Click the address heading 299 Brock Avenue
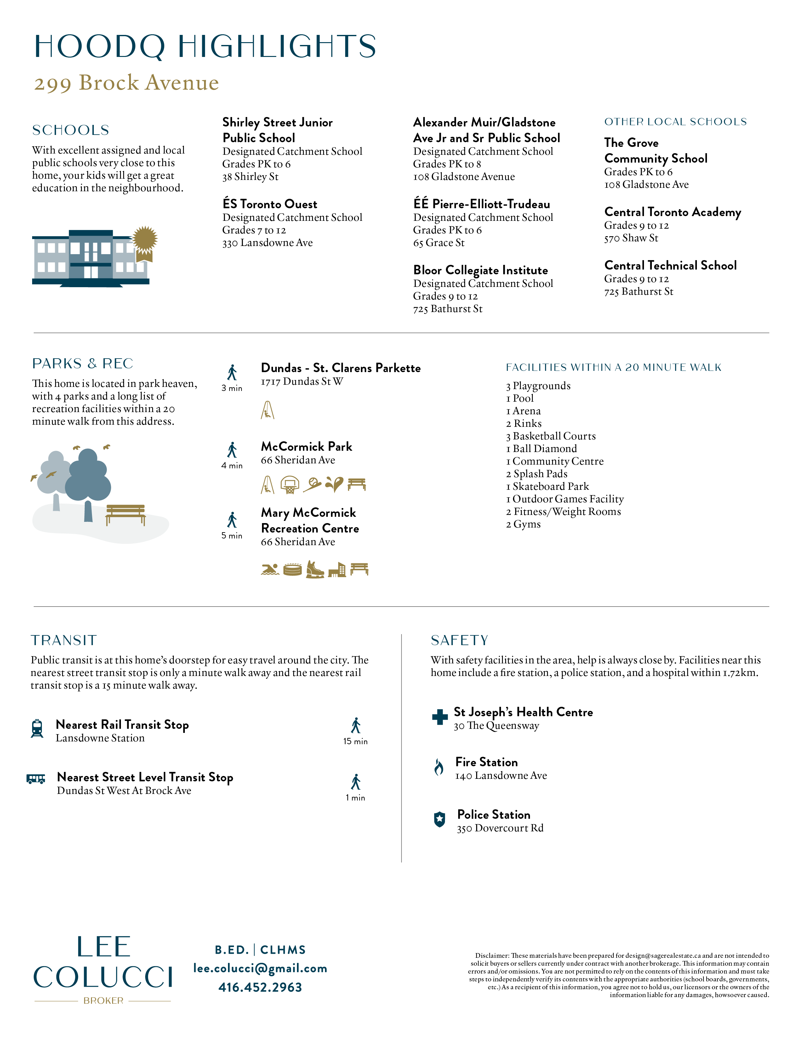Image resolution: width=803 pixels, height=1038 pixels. (127, 83)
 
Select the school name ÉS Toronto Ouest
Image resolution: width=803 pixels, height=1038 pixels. (270, 204)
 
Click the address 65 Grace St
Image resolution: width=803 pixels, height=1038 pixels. (439, 243)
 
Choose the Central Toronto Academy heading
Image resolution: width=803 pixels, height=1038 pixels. (673, 212)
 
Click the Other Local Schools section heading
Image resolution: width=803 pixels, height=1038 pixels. (675, 122)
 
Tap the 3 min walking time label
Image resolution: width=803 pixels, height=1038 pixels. (232, 388)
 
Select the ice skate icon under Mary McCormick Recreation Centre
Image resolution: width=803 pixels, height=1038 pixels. (315, 569)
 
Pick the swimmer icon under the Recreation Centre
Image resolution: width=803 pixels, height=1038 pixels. (270, 569)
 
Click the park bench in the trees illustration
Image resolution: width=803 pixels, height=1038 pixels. (126, 515)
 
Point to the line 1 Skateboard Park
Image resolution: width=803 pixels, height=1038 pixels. (548, 486)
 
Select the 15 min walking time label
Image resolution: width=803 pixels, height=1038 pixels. (355, 741)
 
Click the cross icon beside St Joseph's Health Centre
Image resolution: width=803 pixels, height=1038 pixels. (440, 717)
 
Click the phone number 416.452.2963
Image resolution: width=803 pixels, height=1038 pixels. (260, 987)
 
